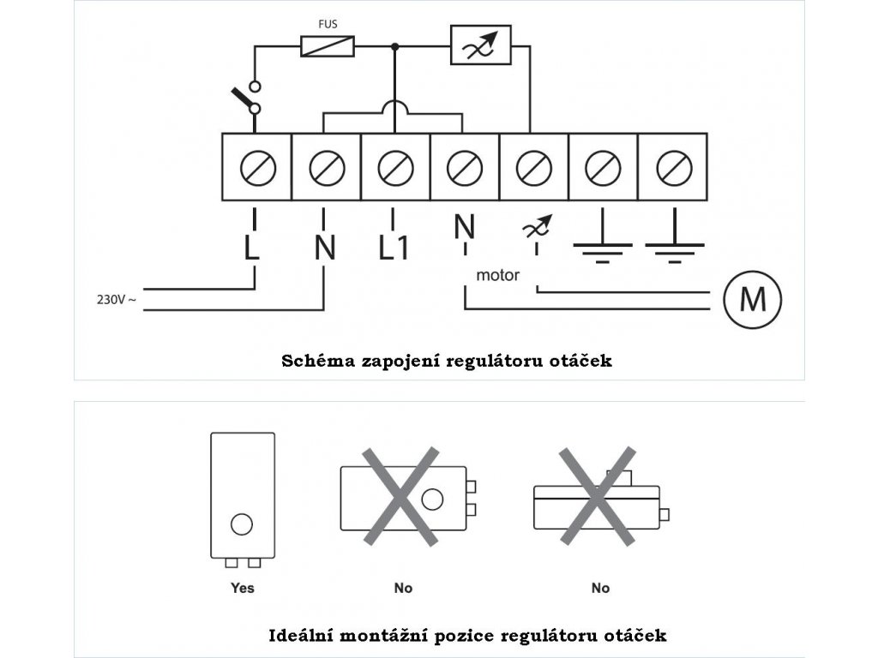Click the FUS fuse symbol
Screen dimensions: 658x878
328,45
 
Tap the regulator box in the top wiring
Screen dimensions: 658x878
481,45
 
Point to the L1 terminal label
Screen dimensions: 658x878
394,248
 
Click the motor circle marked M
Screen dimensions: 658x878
752,299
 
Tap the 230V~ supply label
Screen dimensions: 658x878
117,300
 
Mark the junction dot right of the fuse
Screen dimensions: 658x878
394,45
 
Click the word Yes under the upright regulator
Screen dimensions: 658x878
243,588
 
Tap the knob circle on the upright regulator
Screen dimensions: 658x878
243,523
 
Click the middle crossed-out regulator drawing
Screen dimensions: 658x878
403,497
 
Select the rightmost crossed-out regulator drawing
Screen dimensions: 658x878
597,497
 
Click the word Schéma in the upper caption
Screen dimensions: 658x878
312,361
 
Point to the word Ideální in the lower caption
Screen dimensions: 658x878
302,636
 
